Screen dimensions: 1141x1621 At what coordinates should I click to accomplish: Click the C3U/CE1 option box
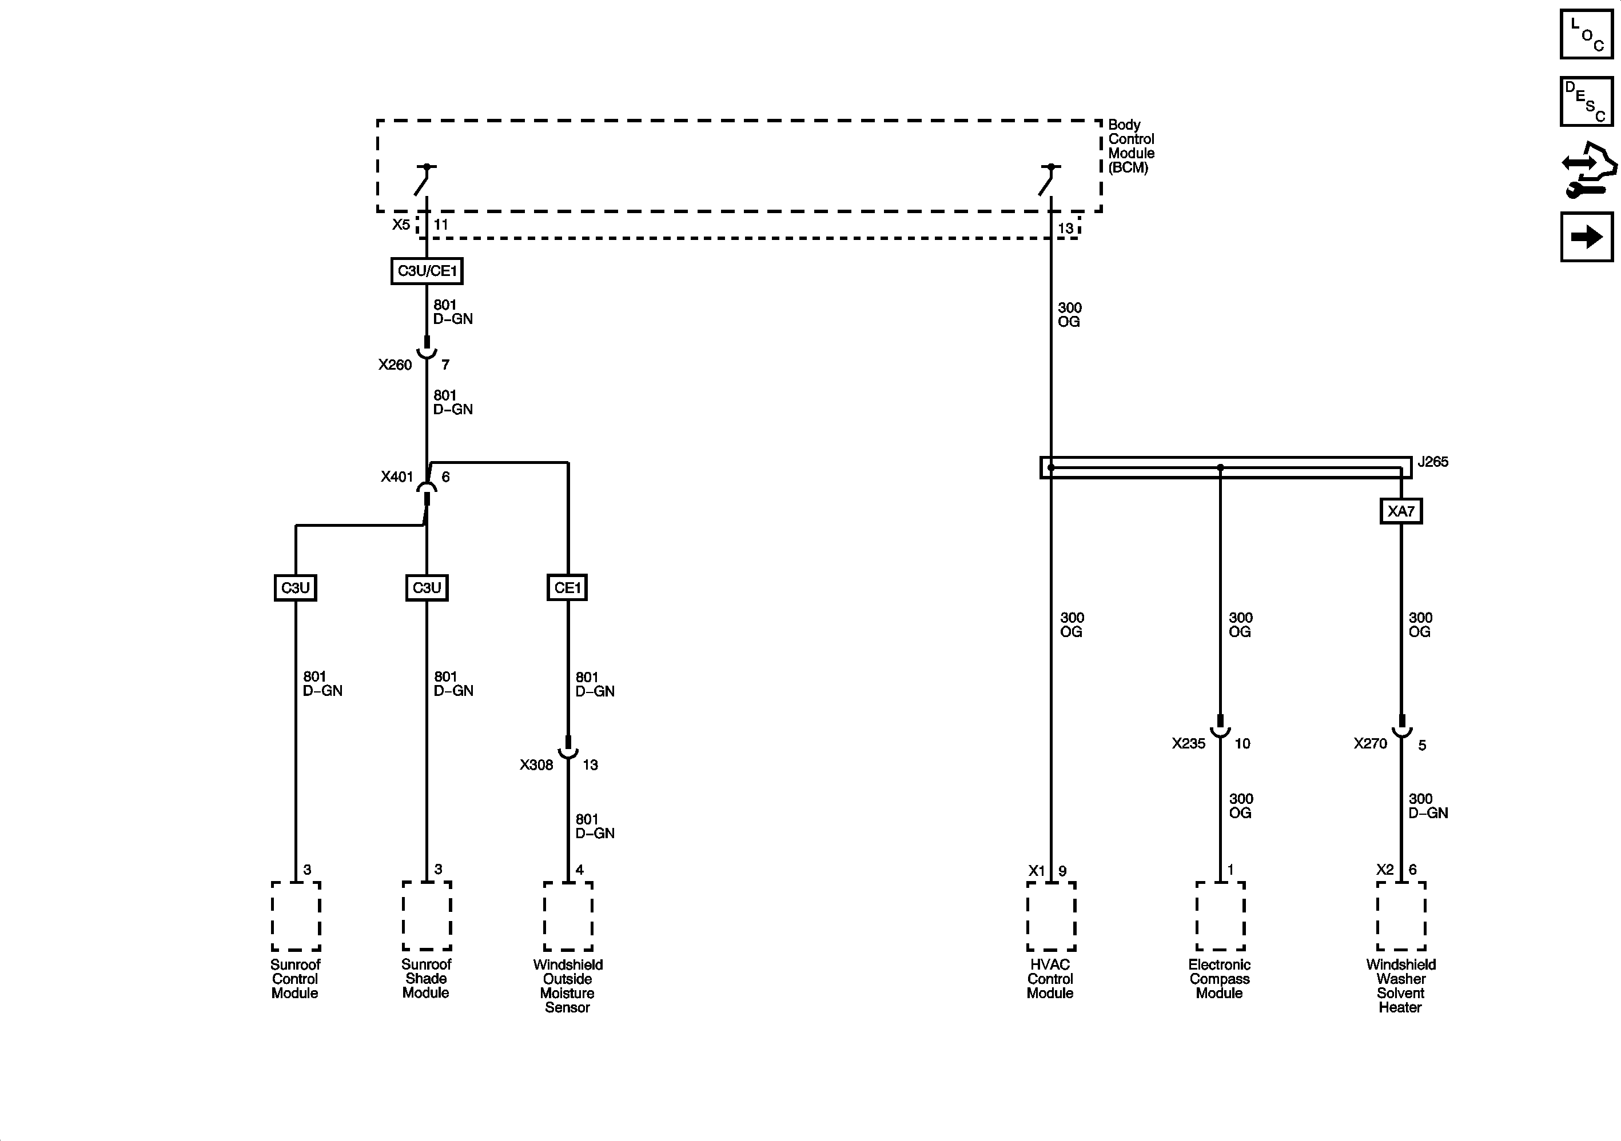point(427,271)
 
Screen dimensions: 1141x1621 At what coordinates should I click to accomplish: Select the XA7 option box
point(1401,511)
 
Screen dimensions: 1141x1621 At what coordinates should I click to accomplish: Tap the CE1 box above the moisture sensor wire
point(567,587)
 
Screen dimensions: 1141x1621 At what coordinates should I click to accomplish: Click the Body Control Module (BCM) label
point(1131,146)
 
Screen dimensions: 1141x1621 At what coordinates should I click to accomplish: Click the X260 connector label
point(395,365)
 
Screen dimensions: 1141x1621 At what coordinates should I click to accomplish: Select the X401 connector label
point(397,477)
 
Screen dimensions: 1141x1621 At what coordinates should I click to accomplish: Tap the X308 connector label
point(536,765)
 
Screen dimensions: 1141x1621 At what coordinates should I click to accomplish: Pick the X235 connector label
point(1189,744)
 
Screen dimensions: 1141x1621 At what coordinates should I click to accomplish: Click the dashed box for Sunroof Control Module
point(296,915)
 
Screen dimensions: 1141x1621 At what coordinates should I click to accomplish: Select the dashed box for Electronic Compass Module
point(1220,915)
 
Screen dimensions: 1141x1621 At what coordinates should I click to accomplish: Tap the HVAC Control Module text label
point(1050,979)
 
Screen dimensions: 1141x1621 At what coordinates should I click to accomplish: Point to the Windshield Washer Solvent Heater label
point(1401,986)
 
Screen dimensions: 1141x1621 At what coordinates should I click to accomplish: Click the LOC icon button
point(1586,33)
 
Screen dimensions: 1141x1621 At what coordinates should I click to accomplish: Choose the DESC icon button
point(1586,102)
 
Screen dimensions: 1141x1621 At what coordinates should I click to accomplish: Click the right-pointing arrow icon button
point(1586,237)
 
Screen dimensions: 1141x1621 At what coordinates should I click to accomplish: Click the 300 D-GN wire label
point(1428,806)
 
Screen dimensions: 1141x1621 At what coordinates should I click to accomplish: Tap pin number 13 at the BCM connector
point(1065,228)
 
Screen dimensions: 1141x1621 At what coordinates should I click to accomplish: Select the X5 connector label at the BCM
point(401,225)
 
